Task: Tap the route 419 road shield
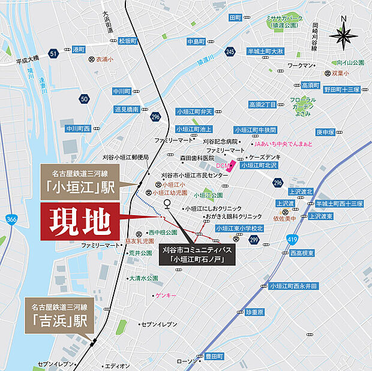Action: coord(292,240)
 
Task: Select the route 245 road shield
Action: coord(230,52)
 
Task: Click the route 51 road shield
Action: coord(54,53)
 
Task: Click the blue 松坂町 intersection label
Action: coord(127,41)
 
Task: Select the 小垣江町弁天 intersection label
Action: coord(194,111)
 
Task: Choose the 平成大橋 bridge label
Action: coord(27,60)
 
